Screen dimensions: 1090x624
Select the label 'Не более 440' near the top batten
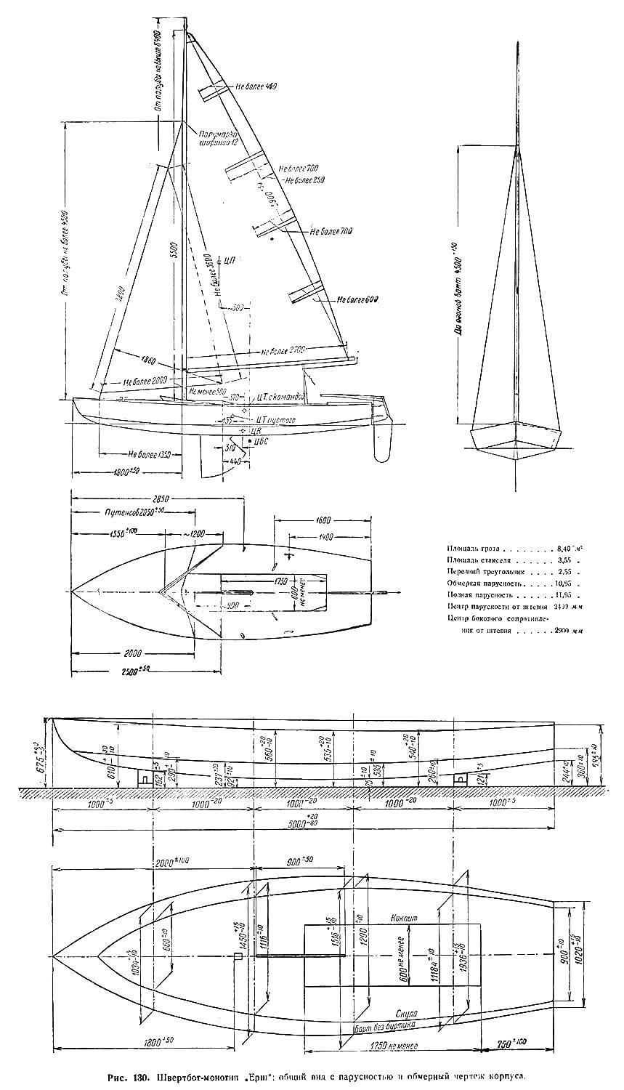pyautogui.click(x=256, y=86)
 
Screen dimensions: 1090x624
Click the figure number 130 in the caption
pyautogui.click(x=145, y=1077)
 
